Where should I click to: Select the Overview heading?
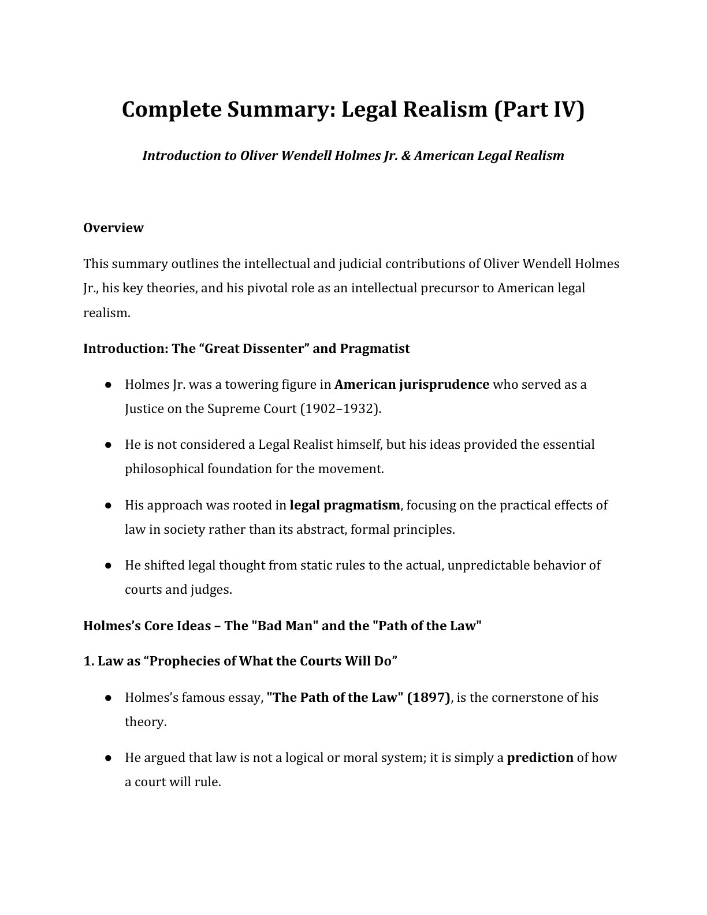coord(113,228)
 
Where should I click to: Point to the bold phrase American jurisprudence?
coord(412,385)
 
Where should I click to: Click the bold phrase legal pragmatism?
coord(344,505)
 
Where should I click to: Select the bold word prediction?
coord(540,758)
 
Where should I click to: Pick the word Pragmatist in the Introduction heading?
coord(375,349)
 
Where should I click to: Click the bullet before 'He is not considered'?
coord(108,445)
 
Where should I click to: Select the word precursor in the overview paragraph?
coord(451,288)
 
